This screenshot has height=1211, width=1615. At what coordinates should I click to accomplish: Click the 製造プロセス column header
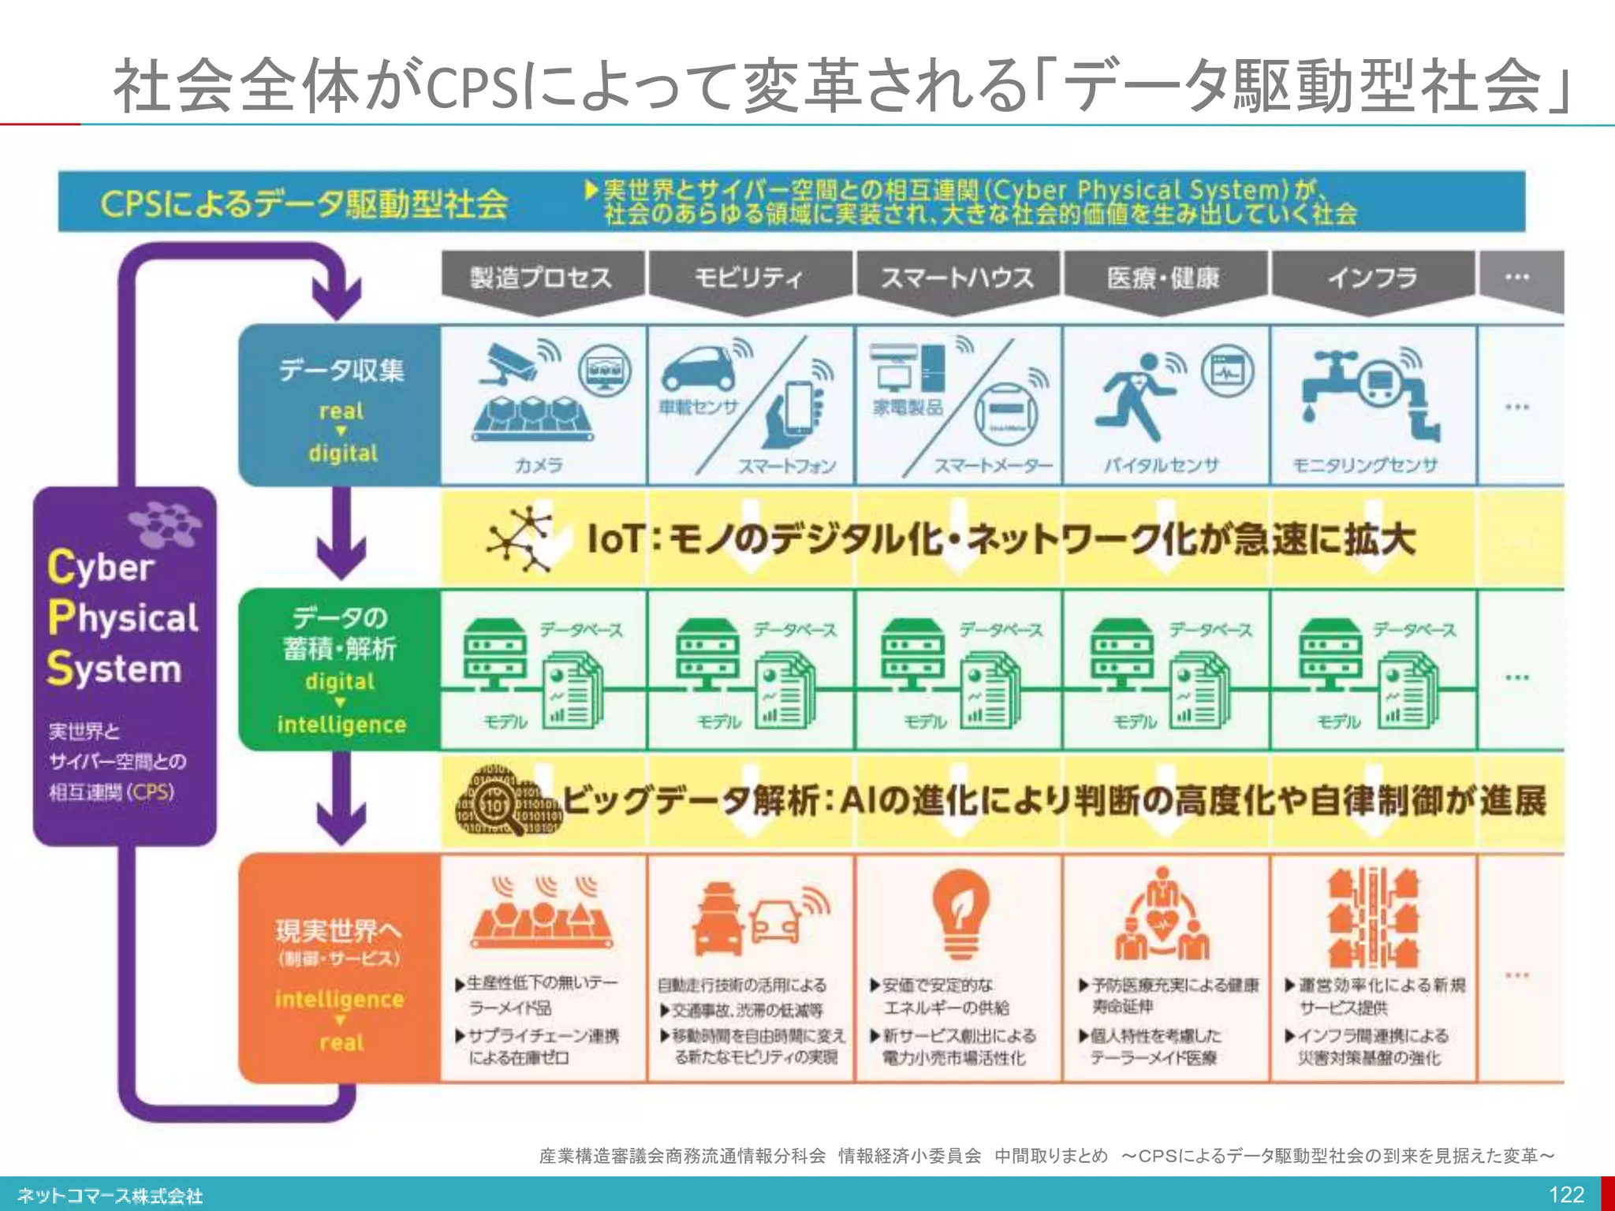[542, 278]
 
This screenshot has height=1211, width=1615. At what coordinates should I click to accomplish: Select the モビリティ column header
[748, 278]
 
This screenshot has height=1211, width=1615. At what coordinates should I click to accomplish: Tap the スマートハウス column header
[957, 278]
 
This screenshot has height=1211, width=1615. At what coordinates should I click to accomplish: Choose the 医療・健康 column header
[1163, 278]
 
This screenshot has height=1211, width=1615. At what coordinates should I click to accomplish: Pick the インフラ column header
[1371, 278]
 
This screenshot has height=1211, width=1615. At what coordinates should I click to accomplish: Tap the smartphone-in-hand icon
[795, 412]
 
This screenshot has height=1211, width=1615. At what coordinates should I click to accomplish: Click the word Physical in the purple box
[124, 617]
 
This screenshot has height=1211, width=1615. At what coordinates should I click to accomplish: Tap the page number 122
[1566, 1194]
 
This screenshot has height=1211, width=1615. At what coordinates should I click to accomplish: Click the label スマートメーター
[994, 465]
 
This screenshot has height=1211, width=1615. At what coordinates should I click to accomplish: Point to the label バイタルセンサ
[1161, 465]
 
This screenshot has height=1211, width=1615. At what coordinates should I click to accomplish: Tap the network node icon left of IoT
[520, 539]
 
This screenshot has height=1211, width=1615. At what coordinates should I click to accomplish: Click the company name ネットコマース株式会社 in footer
[110, 1195]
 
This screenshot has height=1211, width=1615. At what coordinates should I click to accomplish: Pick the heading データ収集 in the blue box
[341, 370]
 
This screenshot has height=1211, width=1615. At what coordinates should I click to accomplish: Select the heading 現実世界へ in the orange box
[338, 931]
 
